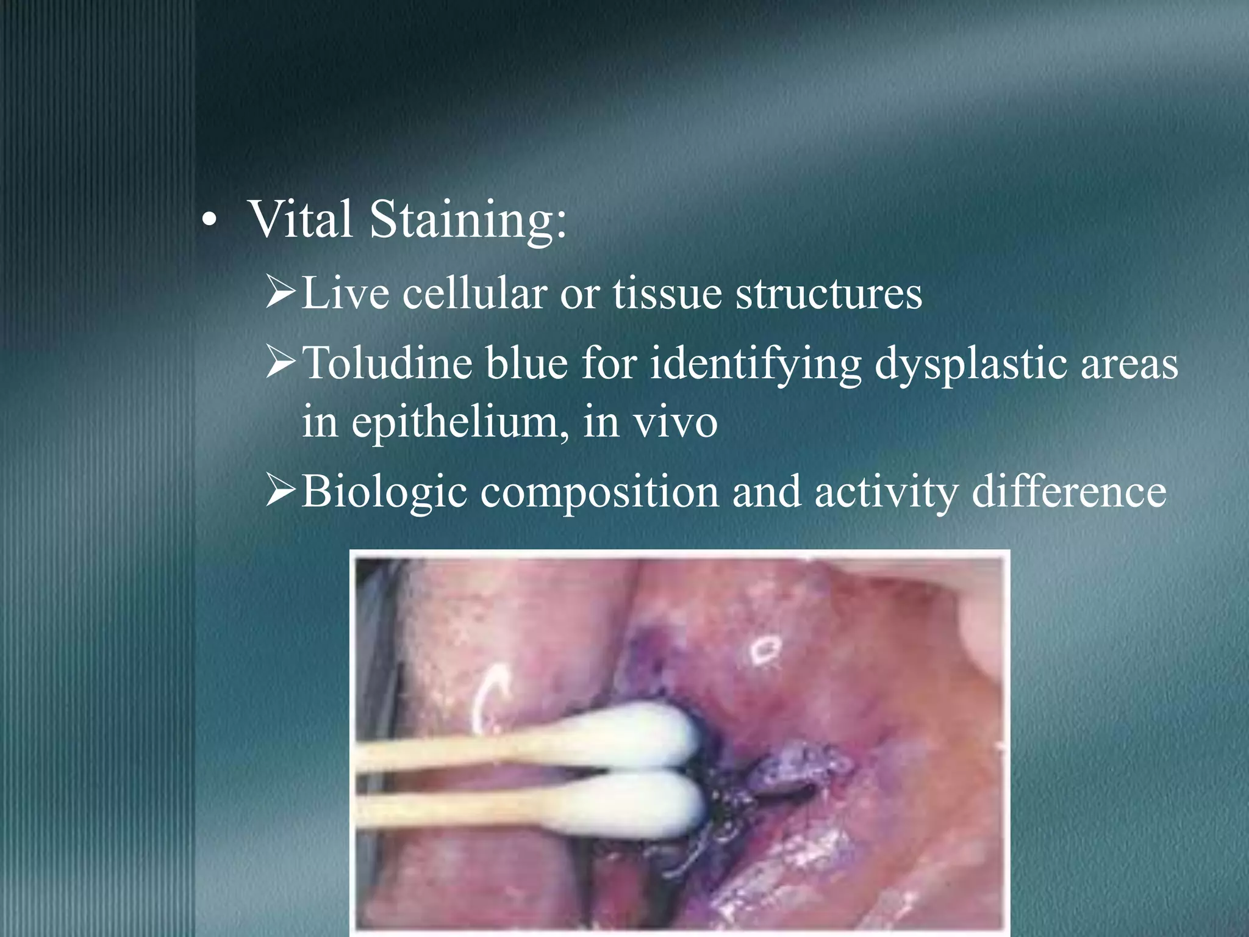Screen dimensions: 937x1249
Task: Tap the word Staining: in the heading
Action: click(x=468, y=221)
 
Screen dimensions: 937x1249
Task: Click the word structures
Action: click(x=829, y=293)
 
